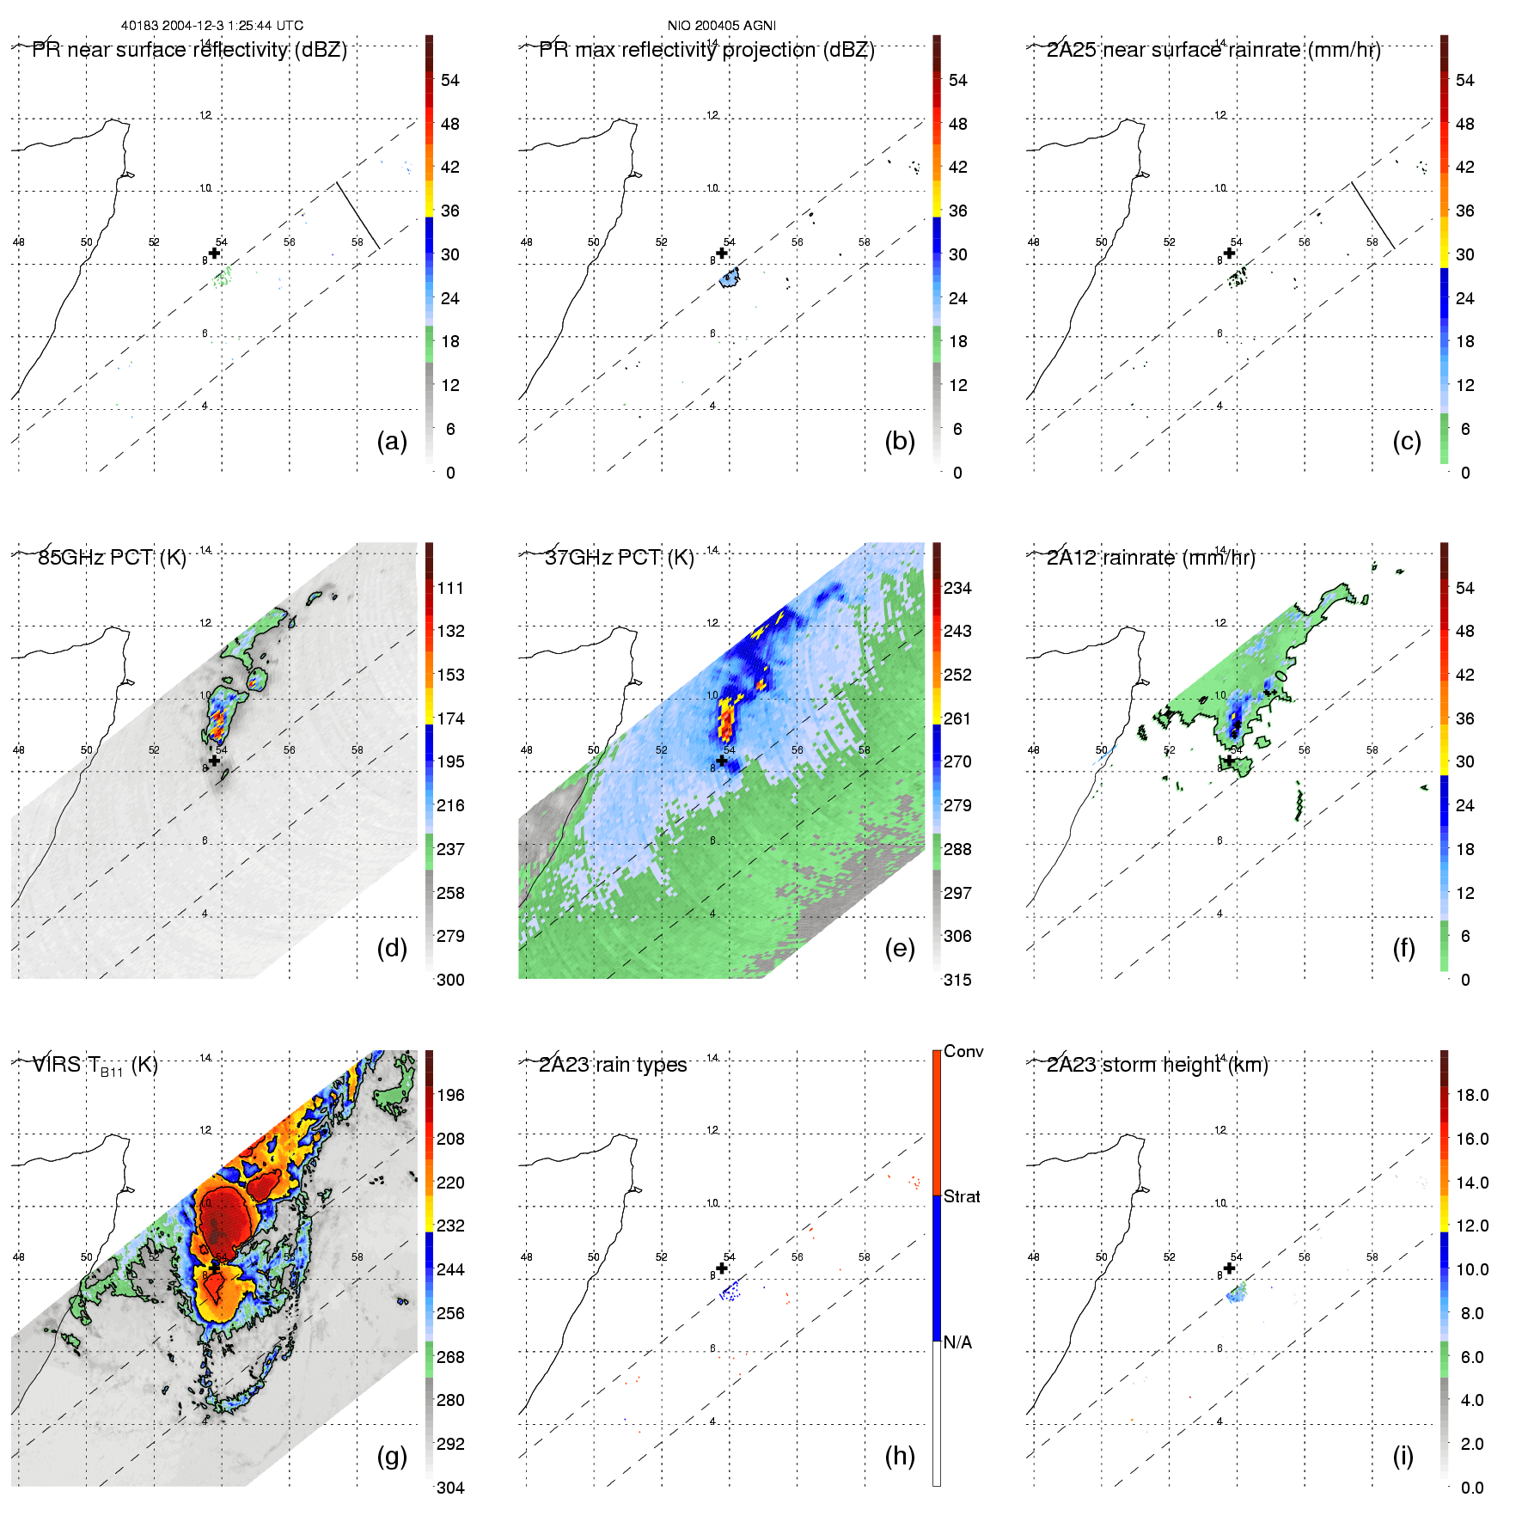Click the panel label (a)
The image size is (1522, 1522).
(x=392, y=442)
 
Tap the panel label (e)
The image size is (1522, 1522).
(x=899, y=949)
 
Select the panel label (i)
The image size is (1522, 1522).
(x=1403, y=1456)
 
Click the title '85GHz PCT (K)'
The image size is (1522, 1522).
(x=112, y=558)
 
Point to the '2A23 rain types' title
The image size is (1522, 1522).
(x=613, y=1065)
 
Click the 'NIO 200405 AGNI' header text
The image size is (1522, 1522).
(x=721, y=26)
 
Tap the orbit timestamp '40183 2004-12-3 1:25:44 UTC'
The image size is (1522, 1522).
(x=212, y=26)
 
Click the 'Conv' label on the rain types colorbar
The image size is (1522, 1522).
(x=963, y=1052)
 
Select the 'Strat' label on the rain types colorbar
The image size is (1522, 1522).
(x=962, y=1197)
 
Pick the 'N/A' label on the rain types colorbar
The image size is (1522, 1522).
(x=957, y=1342)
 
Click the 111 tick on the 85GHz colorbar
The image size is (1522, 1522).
(x=450, y=589)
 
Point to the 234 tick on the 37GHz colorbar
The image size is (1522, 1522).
(x=957, y=589)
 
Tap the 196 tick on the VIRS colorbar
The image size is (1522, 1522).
(x=450, y=1096)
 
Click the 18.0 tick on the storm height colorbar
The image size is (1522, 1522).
(x=1472, y=1096)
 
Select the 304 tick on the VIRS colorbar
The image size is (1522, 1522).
(x=450, y=1488)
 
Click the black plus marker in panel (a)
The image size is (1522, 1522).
(x=215, y=253)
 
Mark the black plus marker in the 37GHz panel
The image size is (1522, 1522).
(x=722, y=761)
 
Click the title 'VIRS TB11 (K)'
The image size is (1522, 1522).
(x=95, y=1066)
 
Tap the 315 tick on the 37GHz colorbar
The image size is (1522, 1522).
(x=957, y=981)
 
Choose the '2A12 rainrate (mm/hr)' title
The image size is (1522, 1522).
(x=1151, y=558)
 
